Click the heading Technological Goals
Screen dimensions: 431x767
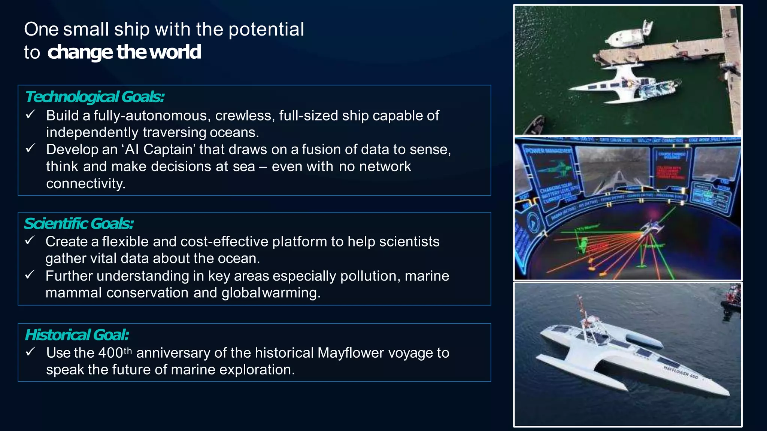94,97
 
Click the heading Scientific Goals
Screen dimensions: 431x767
79,224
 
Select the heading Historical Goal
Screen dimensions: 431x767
77,335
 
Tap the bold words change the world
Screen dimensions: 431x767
124,52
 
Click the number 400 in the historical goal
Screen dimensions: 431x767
111,353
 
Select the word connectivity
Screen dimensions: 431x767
85,184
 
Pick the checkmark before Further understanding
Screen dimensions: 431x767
30,275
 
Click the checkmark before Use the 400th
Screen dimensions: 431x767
30,352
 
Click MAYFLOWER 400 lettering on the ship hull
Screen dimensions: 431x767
680,372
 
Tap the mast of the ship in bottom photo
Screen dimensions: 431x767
582,311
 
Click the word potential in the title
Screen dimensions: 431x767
266,30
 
